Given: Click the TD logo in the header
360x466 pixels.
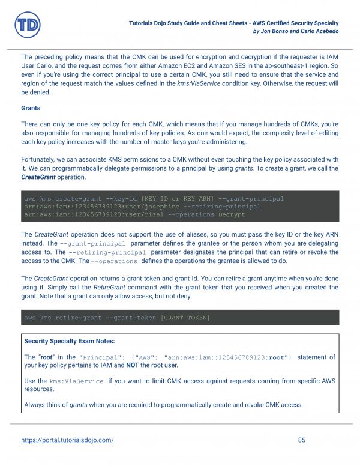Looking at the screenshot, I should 26,25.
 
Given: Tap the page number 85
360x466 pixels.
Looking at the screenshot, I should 302,440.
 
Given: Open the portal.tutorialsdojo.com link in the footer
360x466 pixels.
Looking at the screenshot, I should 67,440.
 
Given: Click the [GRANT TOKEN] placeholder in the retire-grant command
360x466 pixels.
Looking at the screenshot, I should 185,317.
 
